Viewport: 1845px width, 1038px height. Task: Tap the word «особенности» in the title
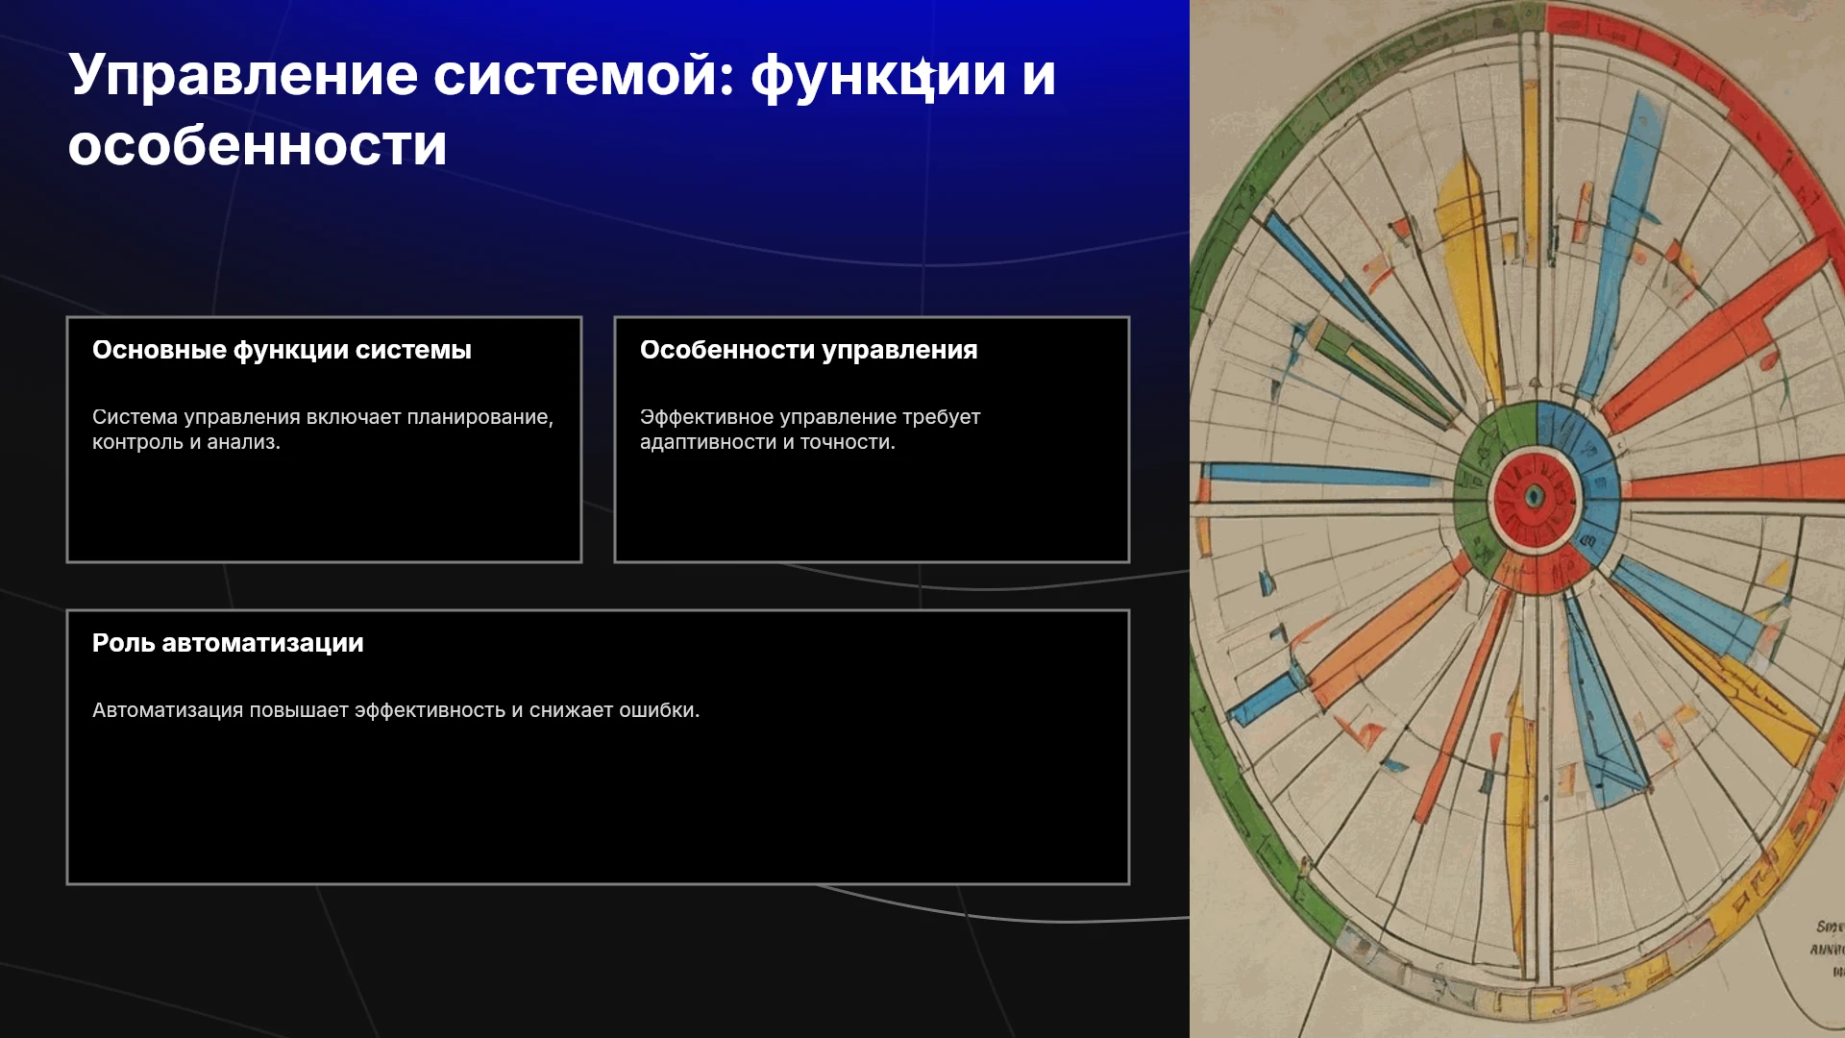tap(258, 146)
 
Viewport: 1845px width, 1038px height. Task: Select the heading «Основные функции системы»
tap(282, 351)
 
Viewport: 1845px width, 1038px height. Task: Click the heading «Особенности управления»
tap(808, 351)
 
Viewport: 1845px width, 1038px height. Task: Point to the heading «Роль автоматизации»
tap(228, 643)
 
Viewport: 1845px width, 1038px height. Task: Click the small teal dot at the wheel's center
tap(1535, 497)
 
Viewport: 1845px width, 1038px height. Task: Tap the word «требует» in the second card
tap(941, 417)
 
